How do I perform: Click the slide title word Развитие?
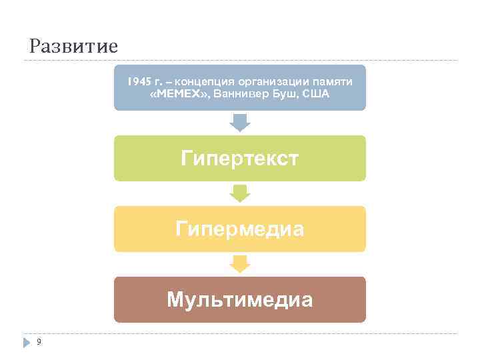click(74, 47)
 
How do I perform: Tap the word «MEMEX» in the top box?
click(179, 94)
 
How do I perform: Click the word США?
click(315, 94)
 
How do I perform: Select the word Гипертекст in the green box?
click(239, 159)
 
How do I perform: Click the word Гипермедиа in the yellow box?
click(239, 229)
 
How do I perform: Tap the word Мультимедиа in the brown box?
click(239, 300)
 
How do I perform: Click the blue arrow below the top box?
click(239, 123)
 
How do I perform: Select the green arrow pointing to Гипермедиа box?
click(239, 193)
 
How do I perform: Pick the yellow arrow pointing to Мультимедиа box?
click(239, 264)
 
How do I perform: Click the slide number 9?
click(39, 342)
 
